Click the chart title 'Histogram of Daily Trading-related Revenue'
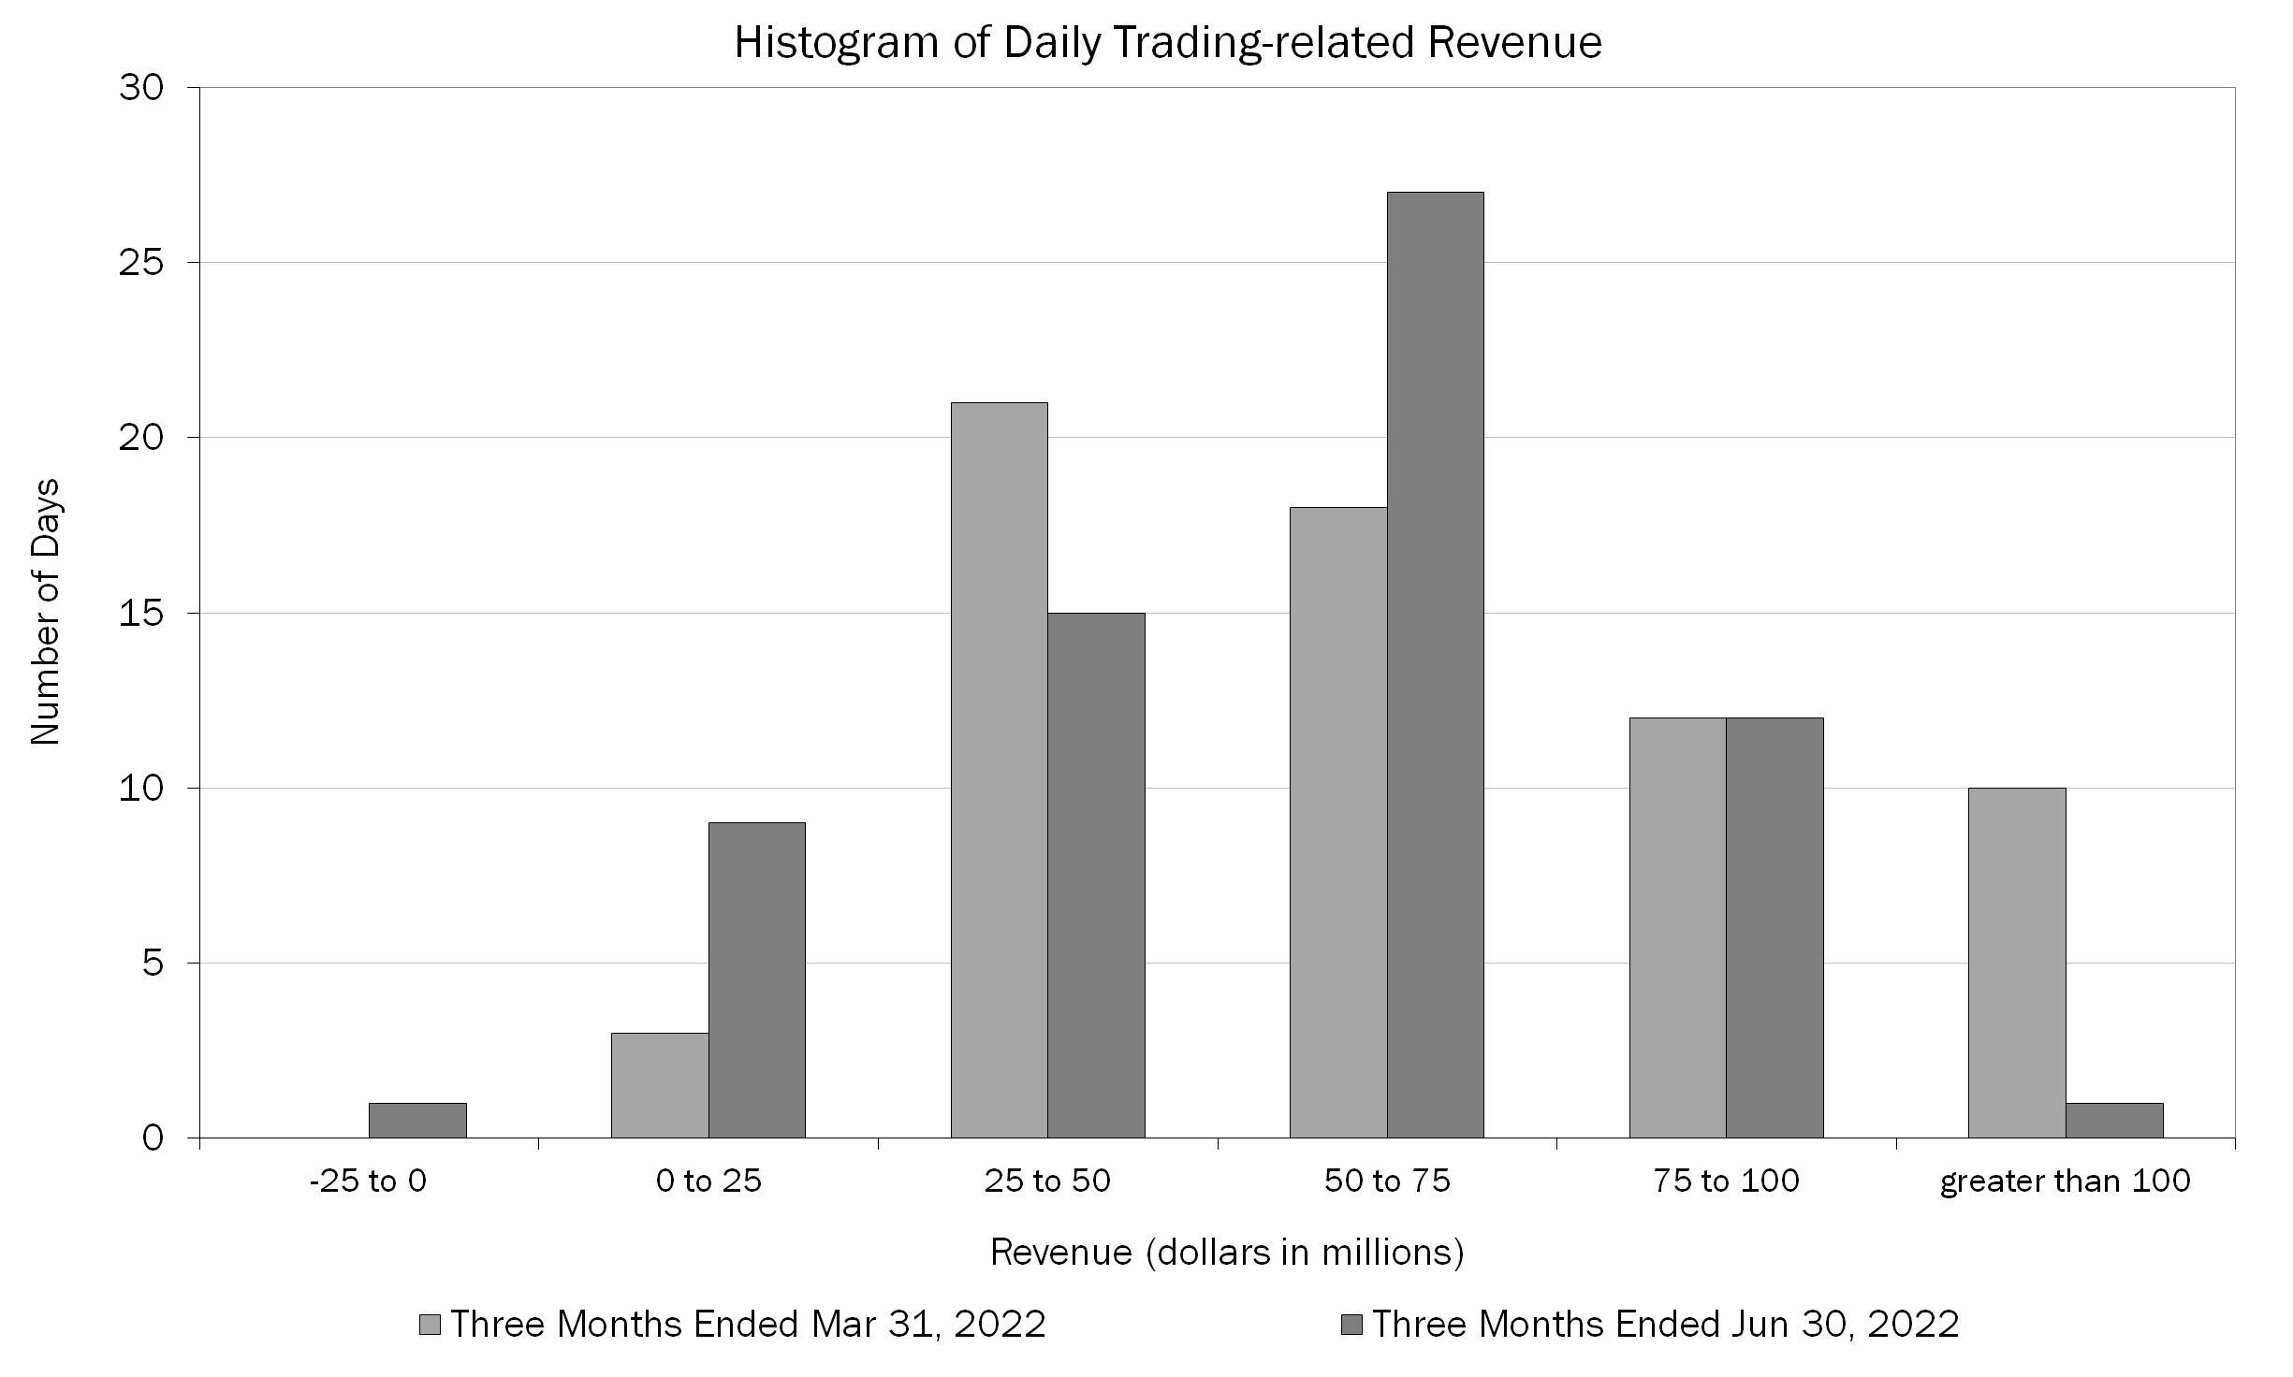(x=1167, y=43)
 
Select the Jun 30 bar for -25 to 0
(x=417, y=1121)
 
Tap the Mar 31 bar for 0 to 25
(x=660, y=1085)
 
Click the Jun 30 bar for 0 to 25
(x=757, y=979)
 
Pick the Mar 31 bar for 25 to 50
(x=999, y=770)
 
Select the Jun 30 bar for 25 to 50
(x=1096, y=875)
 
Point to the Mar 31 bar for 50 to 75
(x=1338, y=822)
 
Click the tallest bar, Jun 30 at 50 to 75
(x=1435, y=664)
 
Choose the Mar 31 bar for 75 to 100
(x=1677, y=927)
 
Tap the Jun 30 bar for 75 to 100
(x=1775, y=927)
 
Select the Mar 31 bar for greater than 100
(x=2016, y=963)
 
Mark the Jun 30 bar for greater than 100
(x=2113, y=1121)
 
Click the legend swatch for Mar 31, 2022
(x=431, y=1325)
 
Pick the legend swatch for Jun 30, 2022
(x=1351, y=1325)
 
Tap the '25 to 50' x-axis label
(x=1047, y=1181)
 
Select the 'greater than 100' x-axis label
(x=2065, y=1181)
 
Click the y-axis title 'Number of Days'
(x=45, y=612)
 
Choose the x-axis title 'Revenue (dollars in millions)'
(x=1226, y=1252)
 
